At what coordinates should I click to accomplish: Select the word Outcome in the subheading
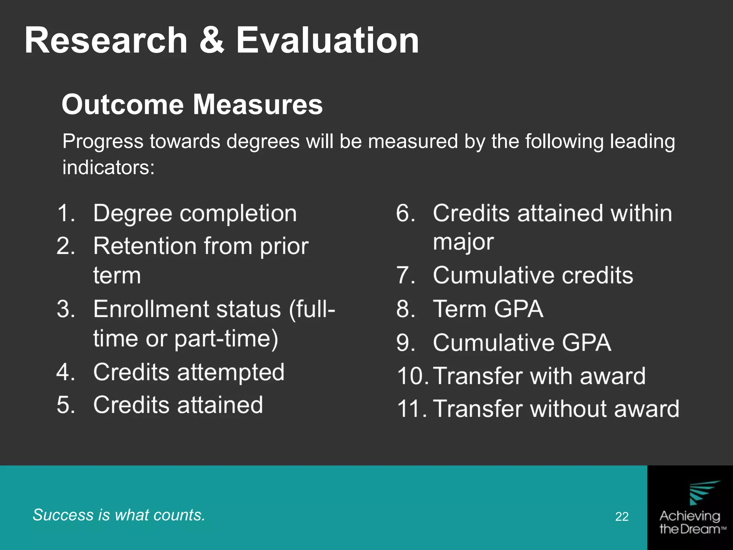pyautogui.click(x=122, y=104)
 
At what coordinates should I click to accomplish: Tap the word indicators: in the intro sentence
pyautogui.click(x=108, y=167)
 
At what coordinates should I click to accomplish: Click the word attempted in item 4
pyautogui.click(x=231, y=372)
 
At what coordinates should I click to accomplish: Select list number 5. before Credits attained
pyautogui.click(x=66, y=405)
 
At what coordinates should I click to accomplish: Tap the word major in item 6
pyautogui.click(x=463, y=242)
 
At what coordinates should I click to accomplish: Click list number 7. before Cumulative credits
pyautogui.click(x=406, y=275)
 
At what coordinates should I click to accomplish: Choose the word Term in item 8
pyautogui.click(x=458, y=309)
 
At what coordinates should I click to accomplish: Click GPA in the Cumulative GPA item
pyautogui.click(x=586, y=342)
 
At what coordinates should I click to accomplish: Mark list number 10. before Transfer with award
pyautogui.click(x=412, y=376)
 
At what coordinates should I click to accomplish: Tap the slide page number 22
pyautogui.click(x=622, y=516)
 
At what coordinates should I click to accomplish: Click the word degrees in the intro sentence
pyautogui.click(x=263, y=141)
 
